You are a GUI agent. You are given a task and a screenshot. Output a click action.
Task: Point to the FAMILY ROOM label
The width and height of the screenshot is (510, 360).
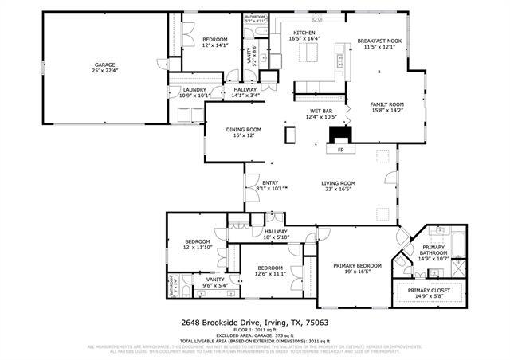pos(386,104)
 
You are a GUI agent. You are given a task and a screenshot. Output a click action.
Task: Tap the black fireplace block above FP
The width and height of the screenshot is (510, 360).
pos(341,133)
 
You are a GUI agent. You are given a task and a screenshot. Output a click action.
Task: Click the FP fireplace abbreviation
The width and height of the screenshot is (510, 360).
pos(341,149)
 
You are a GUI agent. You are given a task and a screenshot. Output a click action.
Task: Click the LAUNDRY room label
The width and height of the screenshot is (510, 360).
pos(194,90)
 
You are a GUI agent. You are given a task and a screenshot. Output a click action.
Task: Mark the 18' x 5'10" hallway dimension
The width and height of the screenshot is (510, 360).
pos(276,237)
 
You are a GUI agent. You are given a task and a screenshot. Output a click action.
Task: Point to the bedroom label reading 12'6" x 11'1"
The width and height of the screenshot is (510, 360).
pos(269,273)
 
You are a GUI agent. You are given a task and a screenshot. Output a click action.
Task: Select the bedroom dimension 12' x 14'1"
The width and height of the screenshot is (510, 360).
pos(214,45)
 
